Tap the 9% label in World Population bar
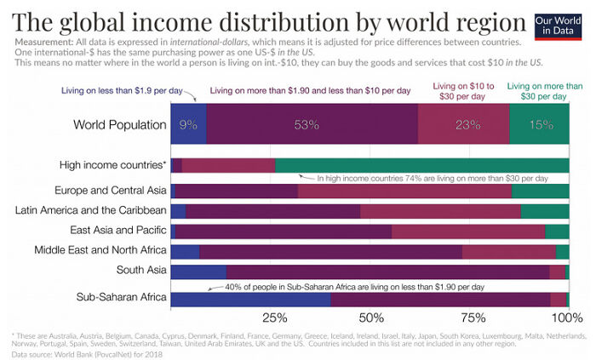click(188, 125)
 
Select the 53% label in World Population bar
click(307, 125)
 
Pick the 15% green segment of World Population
click(540, 125)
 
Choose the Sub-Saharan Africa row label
click(121, 297)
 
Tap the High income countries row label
click(112, 164)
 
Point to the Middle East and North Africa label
click(100, 250)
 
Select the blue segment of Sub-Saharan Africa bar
click(250, 300)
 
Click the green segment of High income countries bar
click(421, 165)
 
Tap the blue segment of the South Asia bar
click(198, 271)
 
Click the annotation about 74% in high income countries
click(432, 179)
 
